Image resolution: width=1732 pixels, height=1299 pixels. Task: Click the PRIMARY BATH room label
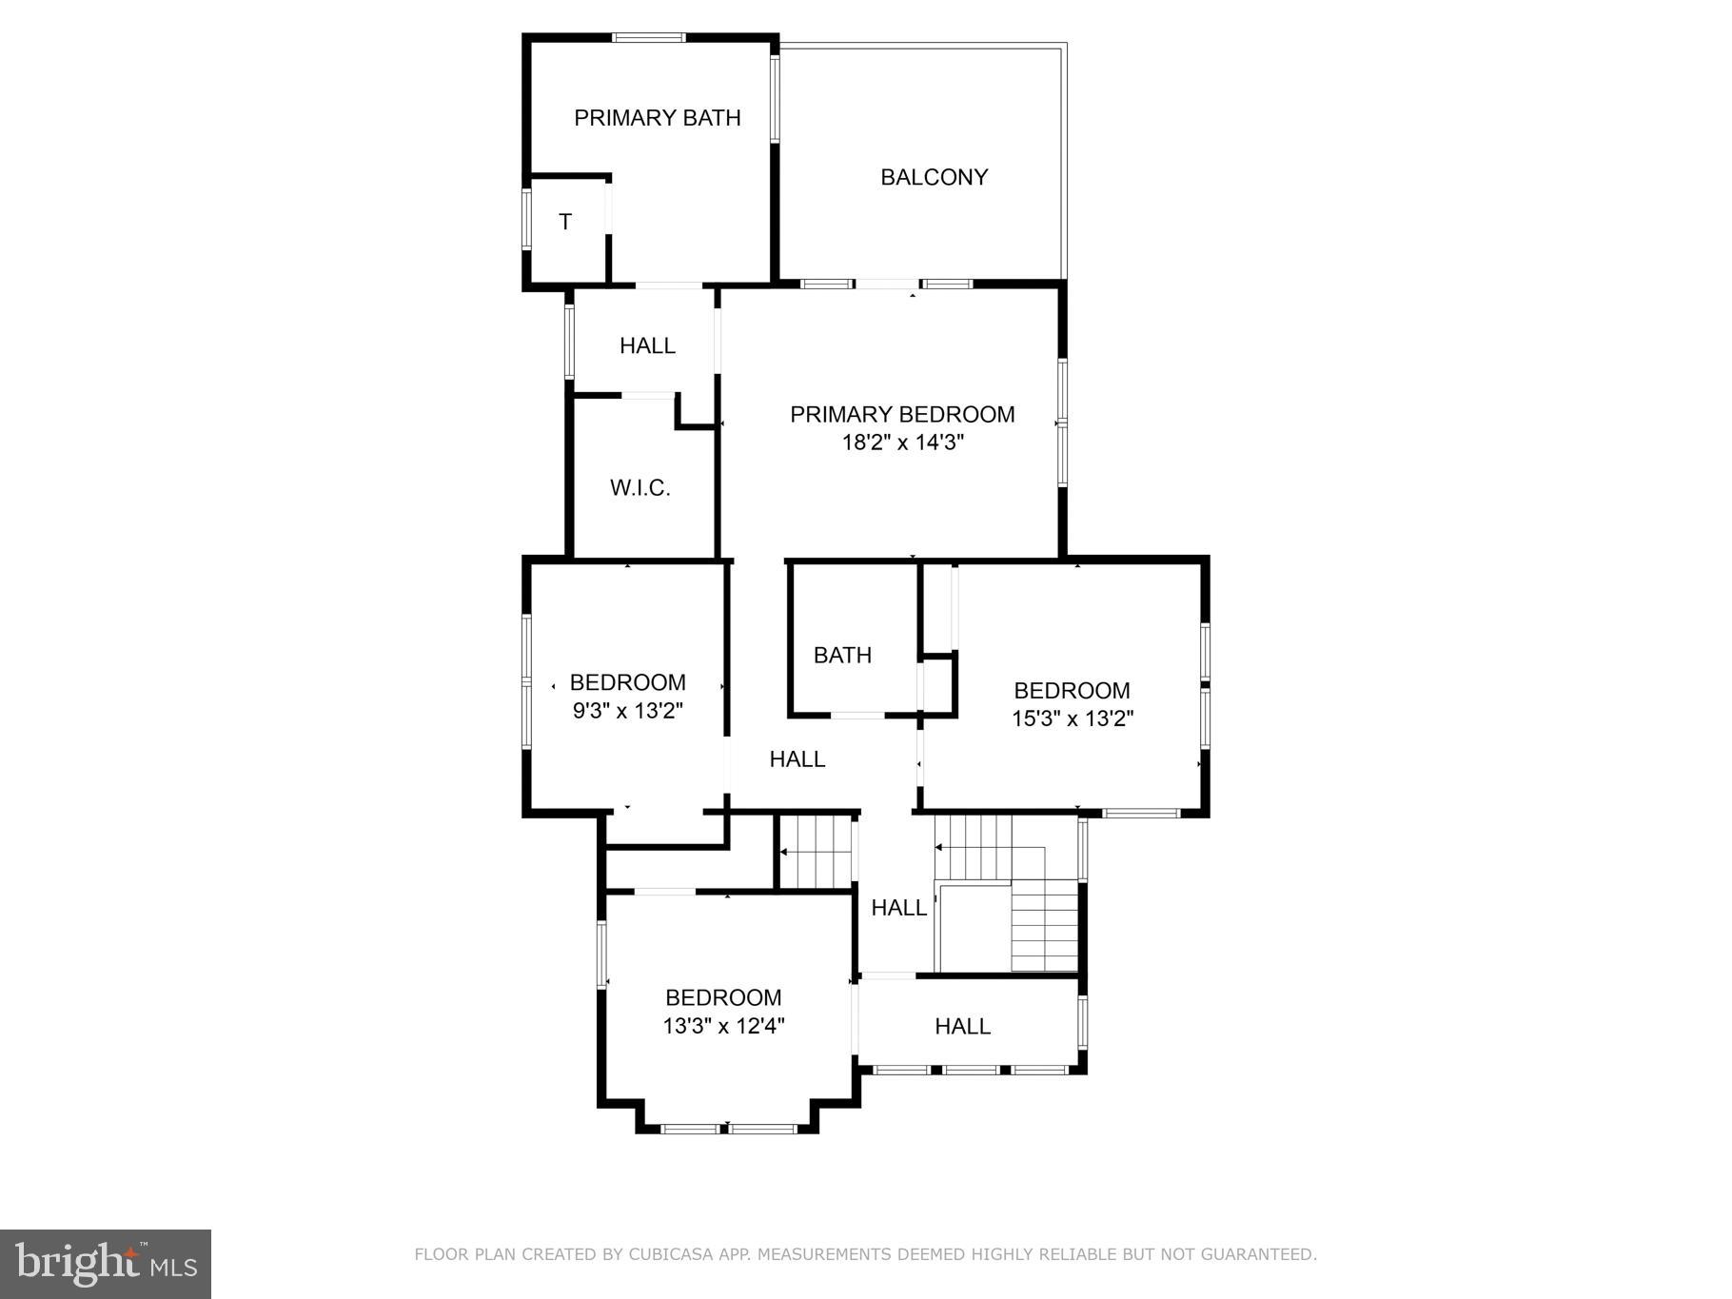coord(657,118)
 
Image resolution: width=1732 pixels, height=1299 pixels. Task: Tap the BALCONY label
coord(934,177)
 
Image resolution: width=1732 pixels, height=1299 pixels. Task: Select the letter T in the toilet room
coord(565,222)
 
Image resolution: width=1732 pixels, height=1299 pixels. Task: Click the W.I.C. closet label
coord(640,488)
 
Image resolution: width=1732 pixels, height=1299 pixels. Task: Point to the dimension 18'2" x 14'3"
coord(902,443)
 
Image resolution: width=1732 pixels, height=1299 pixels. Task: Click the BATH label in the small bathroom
coord(842,655)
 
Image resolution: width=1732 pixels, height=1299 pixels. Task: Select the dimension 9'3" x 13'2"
coord(627,711)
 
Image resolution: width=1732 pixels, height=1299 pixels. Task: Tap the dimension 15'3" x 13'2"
coord(1072,718)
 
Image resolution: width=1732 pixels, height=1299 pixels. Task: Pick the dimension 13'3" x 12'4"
coord(723,1026)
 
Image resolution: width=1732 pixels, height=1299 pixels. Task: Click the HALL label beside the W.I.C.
coord(647,345)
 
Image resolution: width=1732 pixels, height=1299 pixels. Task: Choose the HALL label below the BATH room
coord(797,758)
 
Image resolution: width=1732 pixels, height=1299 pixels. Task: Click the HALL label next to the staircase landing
coord(898,908)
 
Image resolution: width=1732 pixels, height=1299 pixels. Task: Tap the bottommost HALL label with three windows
coord(962,1026)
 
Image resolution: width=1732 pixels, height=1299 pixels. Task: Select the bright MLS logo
coord(105,1264)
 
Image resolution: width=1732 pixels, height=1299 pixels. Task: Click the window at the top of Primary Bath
coord(648,38)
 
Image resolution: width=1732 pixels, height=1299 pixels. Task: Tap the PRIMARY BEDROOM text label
coord(902,414)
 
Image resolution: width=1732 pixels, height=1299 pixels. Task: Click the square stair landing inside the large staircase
coord(974,928)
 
